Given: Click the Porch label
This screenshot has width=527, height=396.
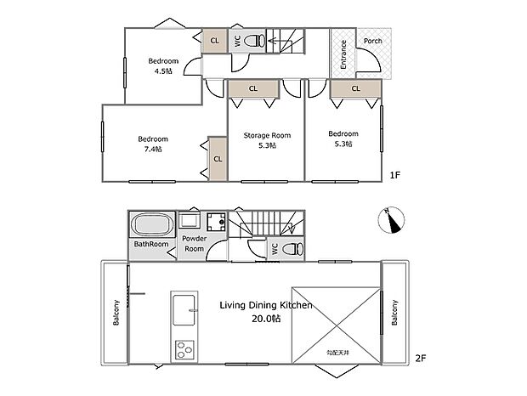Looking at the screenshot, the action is pyautogui.click(x=373, y=41).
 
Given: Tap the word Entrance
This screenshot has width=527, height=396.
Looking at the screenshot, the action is pyautogui.click(x=343, y=54).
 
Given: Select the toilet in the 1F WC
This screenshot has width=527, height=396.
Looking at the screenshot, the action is pyautogui.click(x=254, y=41).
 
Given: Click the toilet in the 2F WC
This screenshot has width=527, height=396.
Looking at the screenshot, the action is pyautogui.click(x=292, y=249).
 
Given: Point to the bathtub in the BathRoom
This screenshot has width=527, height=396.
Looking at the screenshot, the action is pyautogui.click(x=151, y=225).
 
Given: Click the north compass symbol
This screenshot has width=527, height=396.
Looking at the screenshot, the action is pyautogui.click(x=391, y=220).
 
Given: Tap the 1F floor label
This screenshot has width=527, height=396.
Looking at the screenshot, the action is pyautogui.click(x=395, y=175).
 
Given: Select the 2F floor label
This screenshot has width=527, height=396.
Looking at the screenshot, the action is pyautogui.click(x=421, y=359).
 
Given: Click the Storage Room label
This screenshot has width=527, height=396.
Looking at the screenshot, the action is pyautogui.click(x=267, y=135).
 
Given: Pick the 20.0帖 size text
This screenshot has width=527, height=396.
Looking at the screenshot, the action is pyautogui.click(x=266, y=319).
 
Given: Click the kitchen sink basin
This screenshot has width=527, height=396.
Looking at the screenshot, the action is pyautogui.click(x=184, y=310).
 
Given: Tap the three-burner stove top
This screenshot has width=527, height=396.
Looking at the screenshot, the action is pyautogui.click(x=184, y=349).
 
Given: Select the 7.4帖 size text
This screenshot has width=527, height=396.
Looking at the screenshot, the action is pyautogui.click(x=153, y=149).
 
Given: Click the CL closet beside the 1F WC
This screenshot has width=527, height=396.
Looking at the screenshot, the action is pyautogui.click(x=215, y=41).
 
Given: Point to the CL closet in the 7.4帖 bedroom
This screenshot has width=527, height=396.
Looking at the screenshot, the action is pyautogui.click(x=218, y=159).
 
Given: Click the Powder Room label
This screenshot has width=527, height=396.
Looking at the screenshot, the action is pyautogui.click(x=195, y=244).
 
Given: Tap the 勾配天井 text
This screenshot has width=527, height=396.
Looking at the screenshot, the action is pyautogui.click(x=337, y=353).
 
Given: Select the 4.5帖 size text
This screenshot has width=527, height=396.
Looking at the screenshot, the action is pyautogui.click(x=163, y=71).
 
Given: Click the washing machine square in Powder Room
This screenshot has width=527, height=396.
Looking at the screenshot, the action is pyautogui.click(x=216, y=222).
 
